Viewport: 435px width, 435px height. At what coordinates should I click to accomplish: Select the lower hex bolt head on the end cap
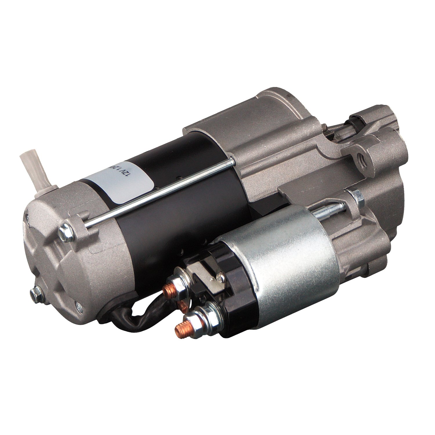[x=36, y=294]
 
